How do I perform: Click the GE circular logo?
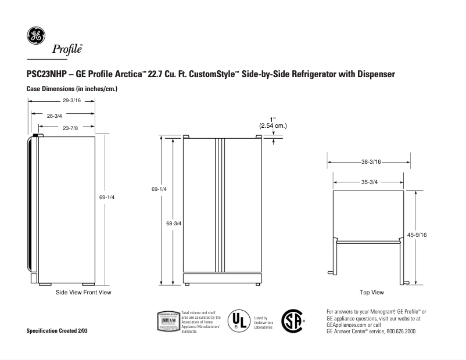click(x=35, y=36)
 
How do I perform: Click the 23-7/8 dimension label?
click(x=71, y=127)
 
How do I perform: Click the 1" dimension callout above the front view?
click(x=273, y=119)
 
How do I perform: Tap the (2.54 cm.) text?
click(x=273, y=125)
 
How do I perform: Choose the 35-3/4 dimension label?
click(x=370, y=182)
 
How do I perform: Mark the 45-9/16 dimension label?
click(x=417, y=235)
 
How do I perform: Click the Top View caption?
click(x=372, y=292)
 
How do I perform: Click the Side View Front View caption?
click(x=83, y=292)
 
